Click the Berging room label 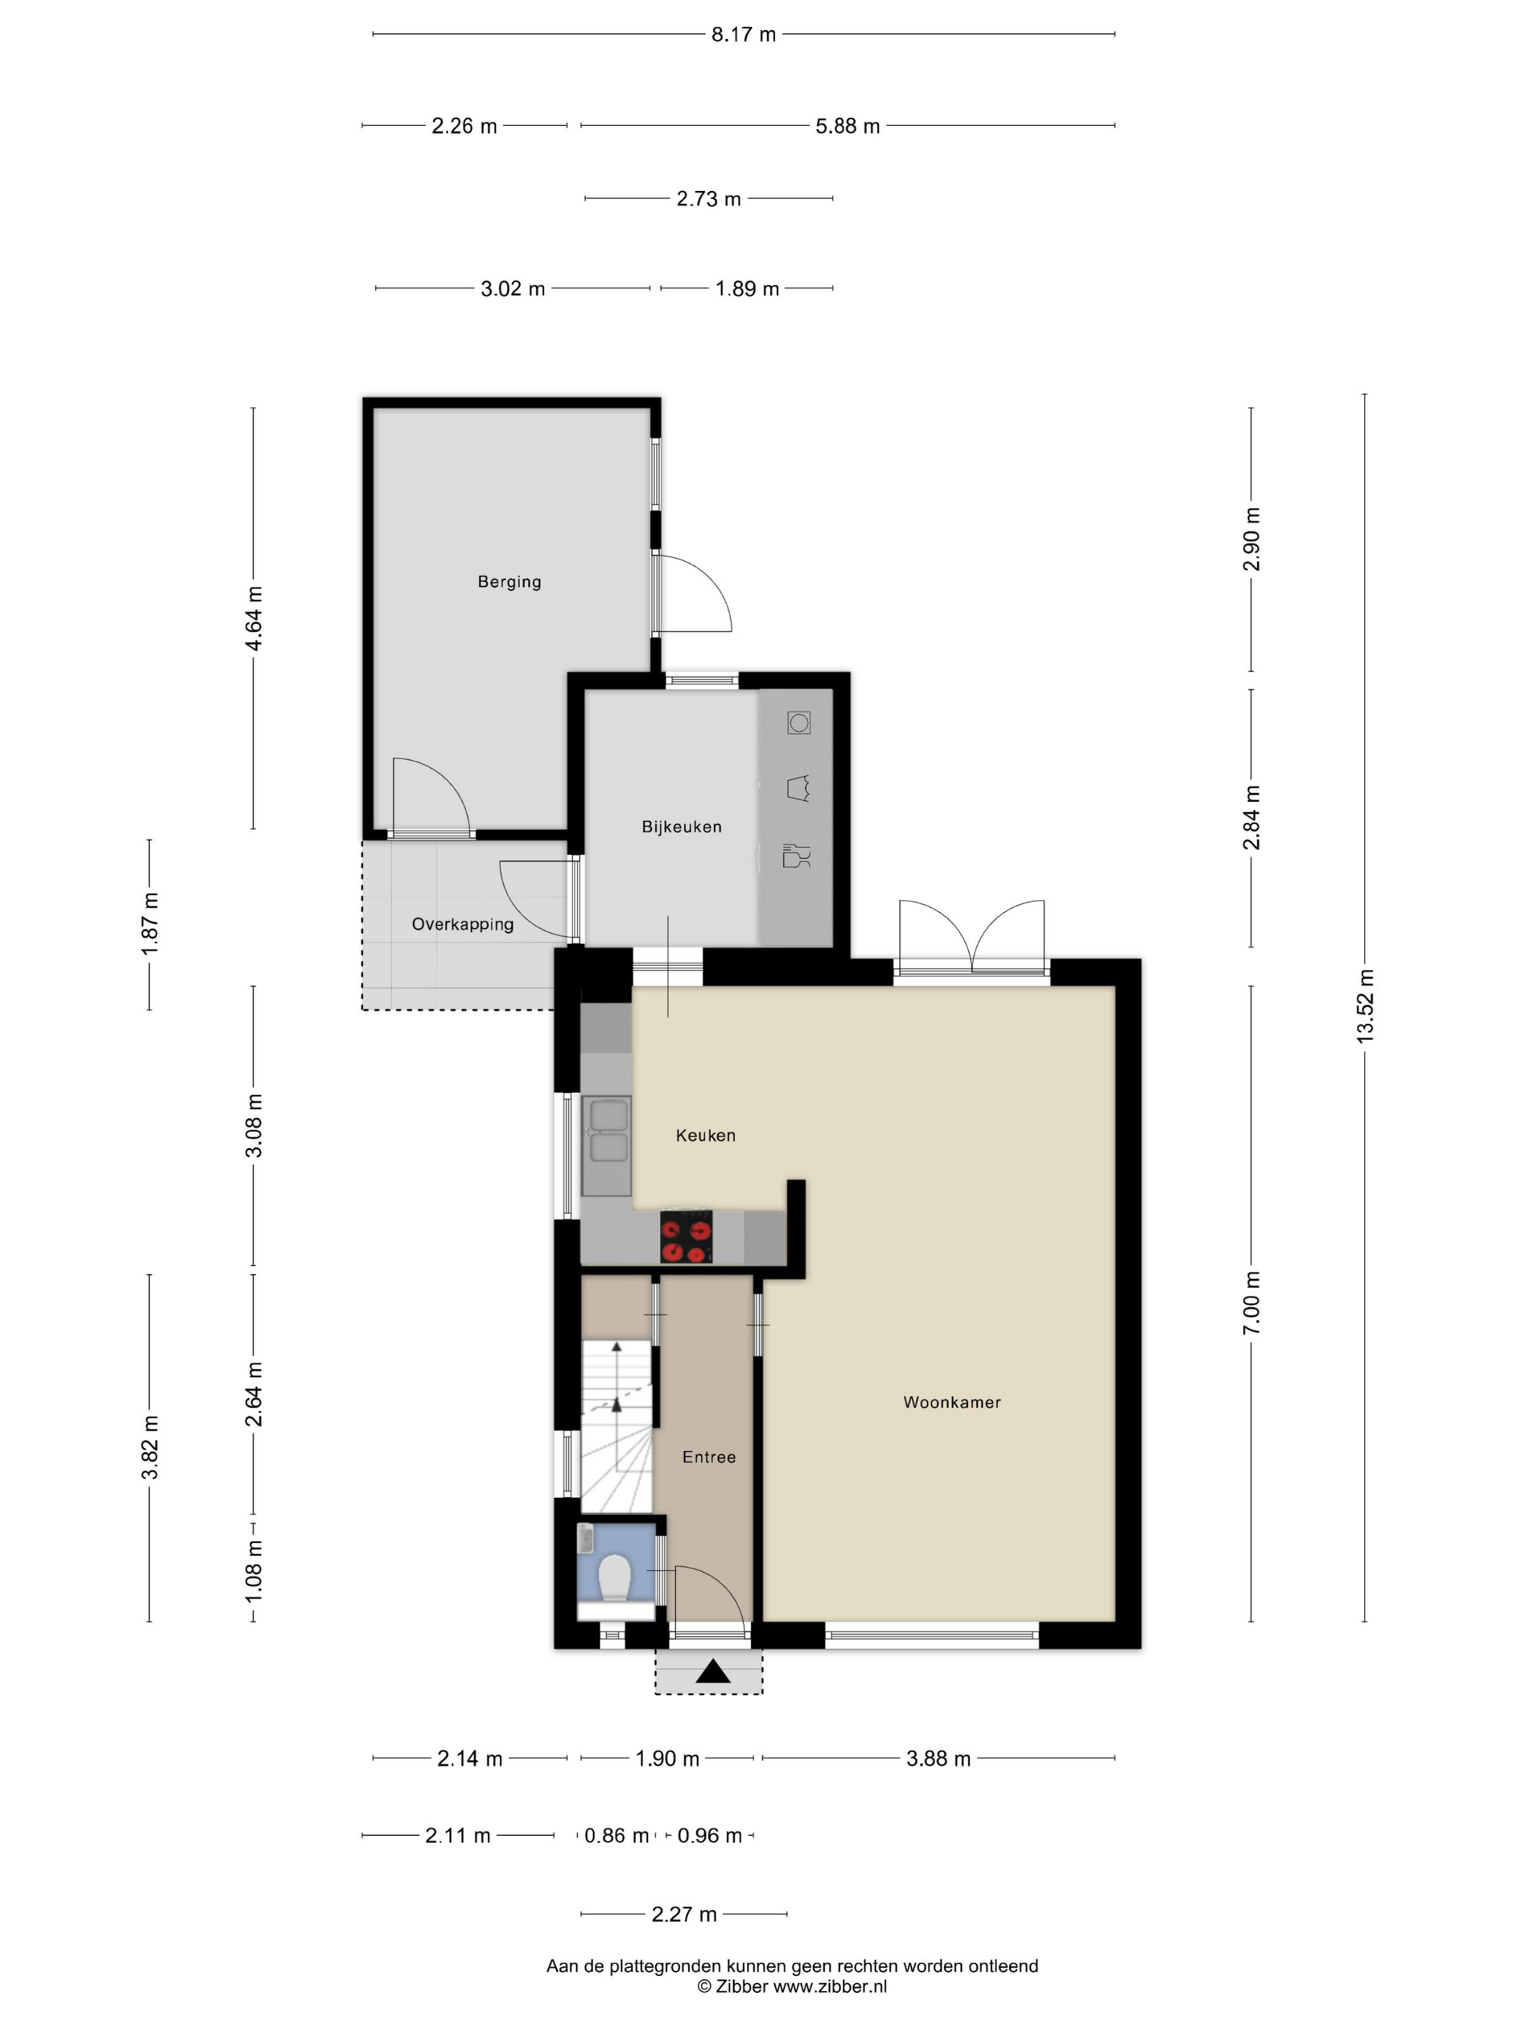coord(509,581)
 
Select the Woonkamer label coord(952,1402)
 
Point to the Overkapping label coord(463,924)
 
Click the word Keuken coord(705,1136)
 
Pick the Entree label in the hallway coord(709,1457)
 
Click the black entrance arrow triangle coord(713,1671)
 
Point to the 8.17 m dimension coord(744,35)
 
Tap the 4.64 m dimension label coord(254,618)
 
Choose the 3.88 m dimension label coord(938,1759)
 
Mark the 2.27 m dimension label coord(684,1914)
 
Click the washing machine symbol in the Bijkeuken coord(800,724)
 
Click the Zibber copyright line coord(792,1986)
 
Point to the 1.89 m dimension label coord(748,289)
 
